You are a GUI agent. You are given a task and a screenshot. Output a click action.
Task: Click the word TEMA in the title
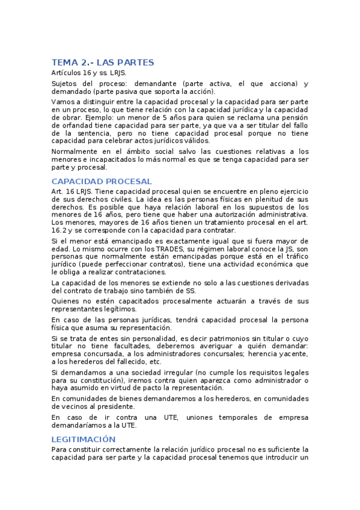[x=64, y=63]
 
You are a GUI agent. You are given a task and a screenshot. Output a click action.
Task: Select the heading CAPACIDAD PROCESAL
[x=102, y=181]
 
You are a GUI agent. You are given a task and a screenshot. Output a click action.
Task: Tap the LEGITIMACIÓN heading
[x=84, y=439]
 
